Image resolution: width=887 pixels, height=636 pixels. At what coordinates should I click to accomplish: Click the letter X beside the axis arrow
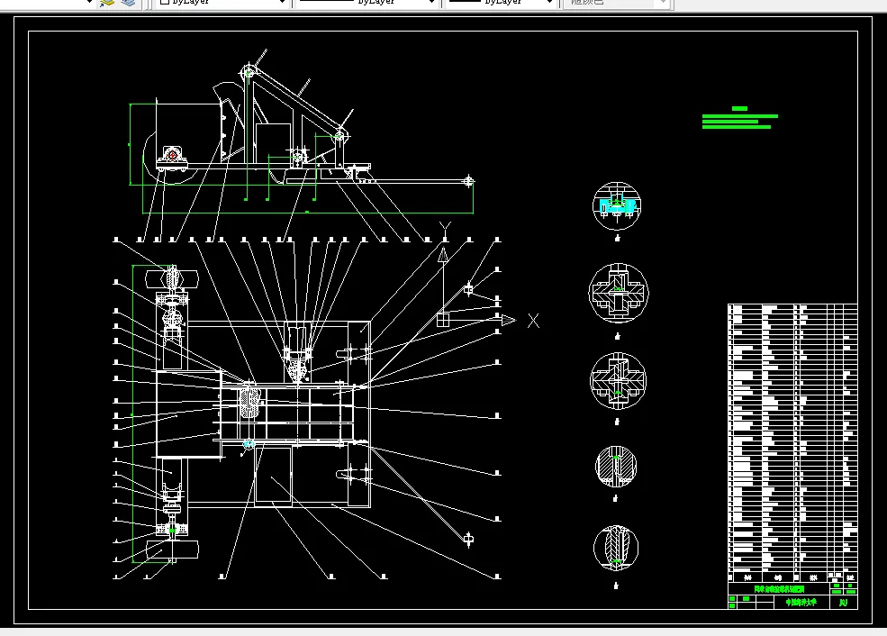[x=534, y=320]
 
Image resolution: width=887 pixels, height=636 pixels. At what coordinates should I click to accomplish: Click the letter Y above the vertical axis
[x=443, y=226]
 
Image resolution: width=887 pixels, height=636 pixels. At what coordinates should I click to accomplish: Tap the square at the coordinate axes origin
[x=443, y=319]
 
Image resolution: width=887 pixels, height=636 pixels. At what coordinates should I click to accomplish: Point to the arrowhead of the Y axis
[x=443, y=255]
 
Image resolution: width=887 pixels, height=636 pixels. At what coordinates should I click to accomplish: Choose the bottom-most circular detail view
[x=616, y=547]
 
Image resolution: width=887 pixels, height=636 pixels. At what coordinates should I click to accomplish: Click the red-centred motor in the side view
[x=171, y=157]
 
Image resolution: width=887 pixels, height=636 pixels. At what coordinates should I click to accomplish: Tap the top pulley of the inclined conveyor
[x=249, y=73]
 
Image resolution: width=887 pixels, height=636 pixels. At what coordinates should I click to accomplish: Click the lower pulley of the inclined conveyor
[x=340, y=136]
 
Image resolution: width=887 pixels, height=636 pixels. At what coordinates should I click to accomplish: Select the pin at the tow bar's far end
[x=468, y=182]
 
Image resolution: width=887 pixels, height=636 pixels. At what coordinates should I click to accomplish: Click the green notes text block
[x=738, y=119]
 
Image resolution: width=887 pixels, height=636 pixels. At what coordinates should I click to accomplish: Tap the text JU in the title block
[x=844, y=603]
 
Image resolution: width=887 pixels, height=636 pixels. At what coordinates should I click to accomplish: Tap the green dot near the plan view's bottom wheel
[x=171, y=531]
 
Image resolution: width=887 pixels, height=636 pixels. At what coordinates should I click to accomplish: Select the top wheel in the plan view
[x=170, y=278]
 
